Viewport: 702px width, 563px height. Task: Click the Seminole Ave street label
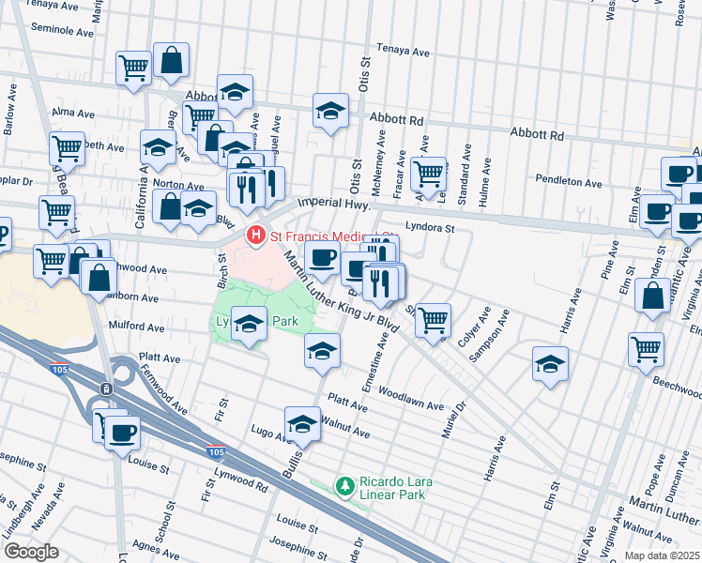63,29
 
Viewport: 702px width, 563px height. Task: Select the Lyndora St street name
430,227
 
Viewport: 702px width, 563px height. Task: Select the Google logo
31,551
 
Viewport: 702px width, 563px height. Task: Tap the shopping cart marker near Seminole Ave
133,67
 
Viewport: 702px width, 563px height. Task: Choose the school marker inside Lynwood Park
248,323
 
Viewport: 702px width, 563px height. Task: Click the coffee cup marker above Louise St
121,433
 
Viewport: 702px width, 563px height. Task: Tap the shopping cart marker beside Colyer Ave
433,320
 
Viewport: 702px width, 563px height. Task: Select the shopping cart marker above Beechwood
648,348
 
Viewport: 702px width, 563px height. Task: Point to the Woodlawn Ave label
413,400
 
